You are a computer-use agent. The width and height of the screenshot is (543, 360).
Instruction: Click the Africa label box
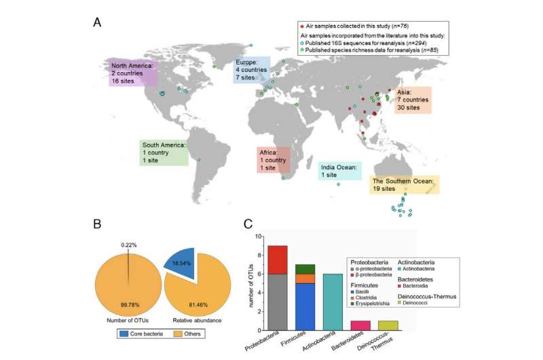pyautogui.click(x=273, y=159)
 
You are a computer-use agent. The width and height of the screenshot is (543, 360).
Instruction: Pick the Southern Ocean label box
pyautogui.click(x=404, y=185)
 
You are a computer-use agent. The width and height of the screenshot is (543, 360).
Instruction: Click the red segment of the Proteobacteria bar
pyautogui.click(x=278, y=259)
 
